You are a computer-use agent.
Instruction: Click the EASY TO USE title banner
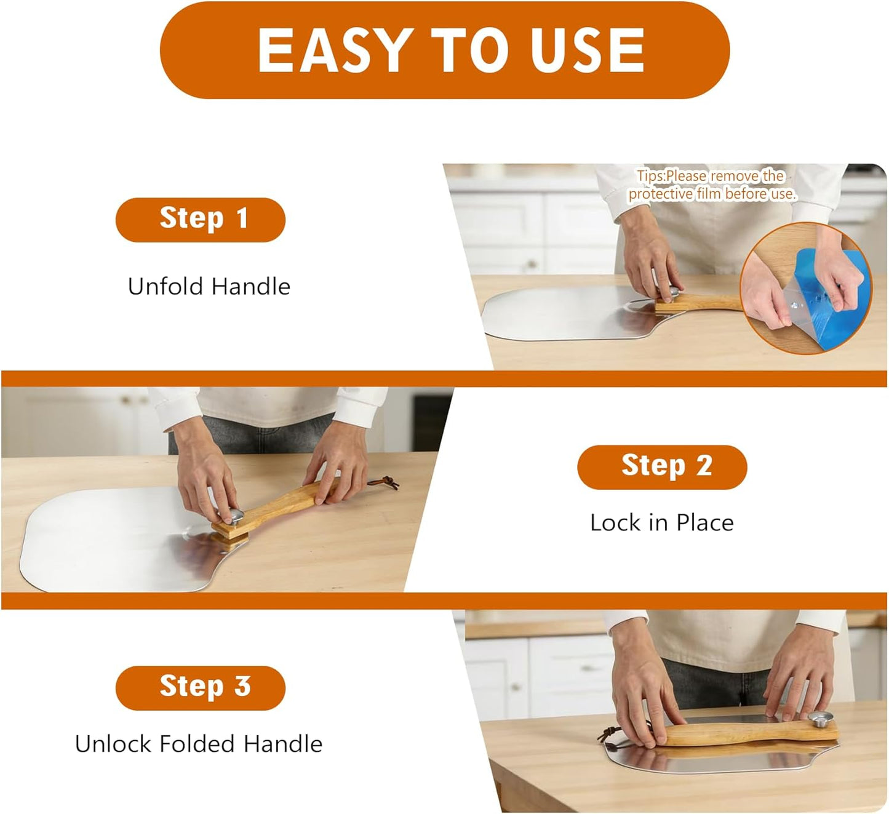(444, 50)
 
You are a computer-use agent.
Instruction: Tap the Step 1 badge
(201, 220)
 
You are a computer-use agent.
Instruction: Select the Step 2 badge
(662, 467)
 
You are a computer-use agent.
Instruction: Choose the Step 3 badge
(201, 688)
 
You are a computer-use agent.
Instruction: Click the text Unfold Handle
(209, 287)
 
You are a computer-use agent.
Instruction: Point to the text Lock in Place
(662, 523)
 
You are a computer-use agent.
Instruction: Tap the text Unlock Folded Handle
(199, 744)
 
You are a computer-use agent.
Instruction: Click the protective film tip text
(711, 185)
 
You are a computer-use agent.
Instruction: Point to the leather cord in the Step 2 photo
(385, 482)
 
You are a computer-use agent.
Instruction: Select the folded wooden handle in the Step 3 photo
(749, 733)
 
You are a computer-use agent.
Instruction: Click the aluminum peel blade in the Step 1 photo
(572, 313)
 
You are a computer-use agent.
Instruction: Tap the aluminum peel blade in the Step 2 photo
(129, 539)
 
